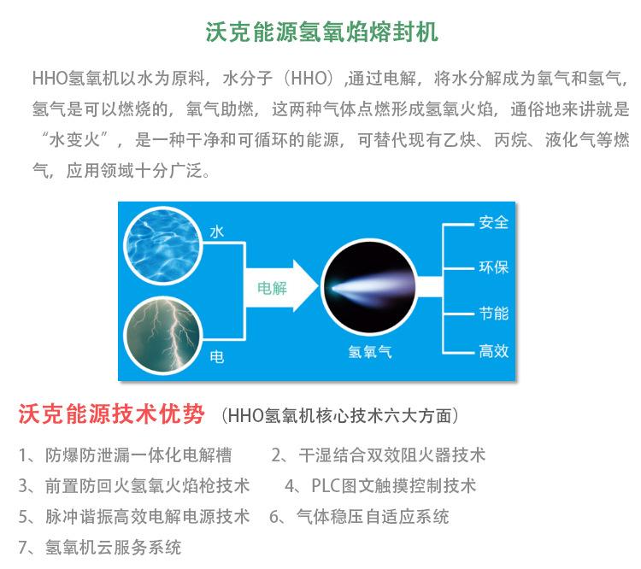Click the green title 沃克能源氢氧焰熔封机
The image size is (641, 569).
click(x=322, y=32)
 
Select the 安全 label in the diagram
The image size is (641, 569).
click(x=493, y=223)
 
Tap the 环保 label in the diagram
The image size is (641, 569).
click(x=493, y=267)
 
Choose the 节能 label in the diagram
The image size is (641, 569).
click(x=493, y=313)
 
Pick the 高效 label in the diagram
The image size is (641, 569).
click(x=493, y=350)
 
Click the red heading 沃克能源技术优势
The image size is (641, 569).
click(x=112, y=415)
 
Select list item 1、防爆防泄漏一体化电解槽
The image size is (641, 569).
click(x=125, y=455)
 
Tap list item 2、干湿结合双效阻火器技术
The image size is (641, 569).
click(x=379, y=455)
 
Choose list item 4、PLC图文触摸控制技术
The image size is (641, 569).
click(x=380, y=485)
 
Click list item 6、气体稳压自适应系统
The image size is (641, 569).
click(x=359, y=516)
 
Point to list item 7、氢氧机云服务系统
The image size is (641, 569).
click(x=100, y=547)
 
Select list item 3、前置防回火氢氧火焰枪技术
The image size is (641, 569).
click(x=134, y=485)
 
